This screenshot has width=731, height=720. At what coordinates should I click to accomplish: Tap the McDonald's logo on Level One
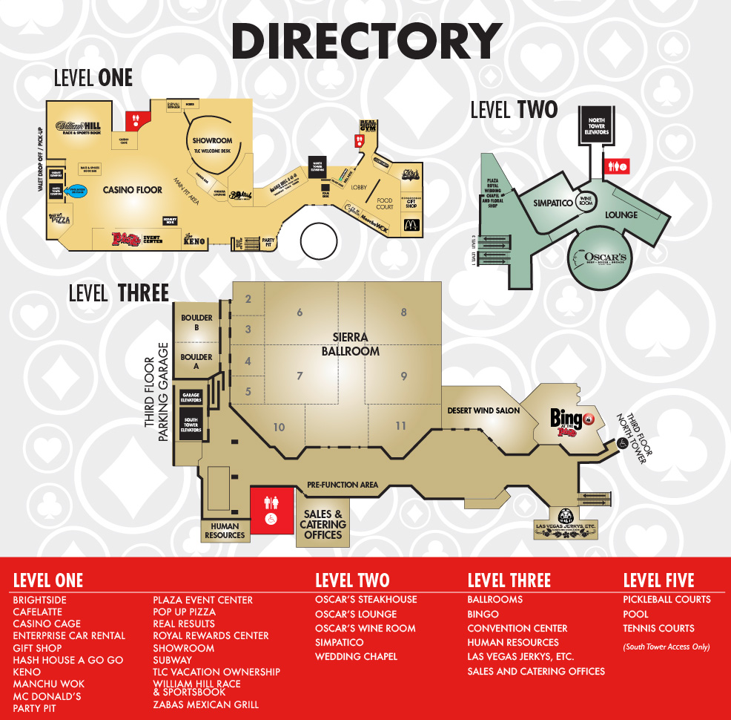411,225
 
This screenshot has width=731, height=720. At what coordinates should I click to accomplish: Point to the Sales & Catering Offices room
322,524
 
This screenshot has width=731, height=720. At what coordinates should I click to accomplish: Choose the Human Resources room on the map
225,530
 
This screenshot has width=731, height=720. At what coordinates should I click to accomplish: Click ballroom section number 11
401,426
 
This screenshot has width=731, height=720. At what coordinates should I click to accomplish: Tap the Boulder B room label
196,323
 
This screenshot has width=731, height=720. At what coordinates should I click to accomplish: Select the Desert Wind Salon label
483,410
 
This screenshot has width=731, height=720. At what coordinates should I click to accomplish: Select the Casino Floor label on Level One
133,190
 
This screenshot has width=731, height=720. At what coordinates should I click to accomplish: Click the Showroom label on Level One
213,140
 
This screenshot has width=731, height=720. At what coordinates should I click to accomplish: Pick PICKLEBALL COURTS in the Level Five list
666,600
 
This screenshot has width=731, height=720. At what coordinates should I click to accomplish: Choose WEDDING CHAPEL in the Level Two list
356,656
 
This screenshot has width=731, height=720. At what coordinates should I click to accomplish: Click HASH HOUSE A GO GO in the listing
68,660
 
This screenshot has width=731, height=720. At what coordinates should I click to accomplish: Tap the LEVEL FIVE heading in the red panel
658,580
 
